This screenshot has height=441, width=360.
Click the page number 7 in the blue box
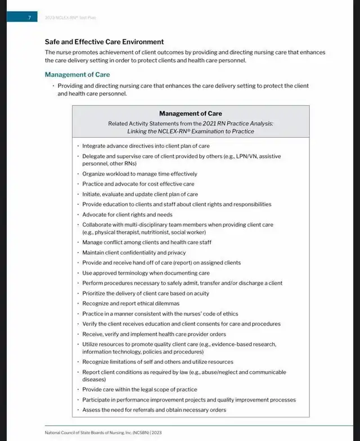(x=29, y=17)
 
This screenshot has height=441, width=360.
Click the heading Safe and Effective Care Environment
(x=104, y=42)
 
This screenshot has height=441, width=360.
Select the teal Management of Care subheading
(x=77, y=75)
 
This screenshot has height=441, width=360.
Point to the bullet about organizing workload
(x=139, y=174)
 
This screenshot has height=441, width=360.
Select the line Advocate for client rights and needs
(x=127, y=214)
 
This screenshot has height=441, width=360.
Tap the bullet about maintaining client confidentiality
(x=134, y=253)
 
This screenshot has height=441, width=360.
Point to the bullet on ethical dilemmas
(x=130, y=303)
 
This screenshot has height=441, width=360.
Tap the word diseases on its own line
(x=94, y=380)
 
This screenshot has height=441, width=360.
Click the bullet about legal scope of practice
(x=139, y=389)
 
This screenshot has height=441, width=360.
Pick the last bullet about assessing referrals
(x=154, y=409)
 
